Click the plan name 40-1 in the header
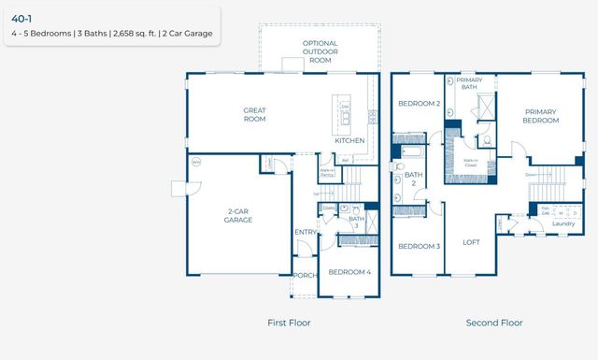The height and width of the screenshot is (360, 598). tap(21, 17)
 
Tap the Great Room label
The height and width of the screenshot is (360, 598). tap(254, 114)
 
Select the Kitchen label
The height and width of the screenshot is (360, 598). tap(349, 141)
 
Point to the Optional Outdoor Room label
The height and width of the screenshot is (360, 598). tap(320, 51)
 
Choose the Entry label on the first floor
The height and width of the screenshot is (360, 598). tap(306, 232)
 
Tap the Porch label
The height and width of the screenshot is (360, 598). tap(304, 275)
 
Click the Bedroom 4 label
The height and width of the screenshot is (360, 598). tap(349, 272)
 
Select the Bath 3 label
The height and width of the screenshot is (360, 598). tap(355, 223)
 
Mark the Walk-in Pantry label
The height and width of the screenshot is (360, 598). tap(327, 172)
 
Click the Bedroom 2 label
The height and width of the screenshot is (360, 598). tap(419, 103)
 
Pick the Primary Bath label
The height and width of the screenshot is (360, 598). tap(469, 84)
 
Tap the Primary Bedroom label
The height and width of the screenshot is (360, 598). tap(541, 115)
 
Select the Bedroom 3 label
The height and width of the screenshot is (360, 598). tap(419, 246)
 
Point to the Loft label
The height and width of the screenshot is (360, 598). tap(472, 242)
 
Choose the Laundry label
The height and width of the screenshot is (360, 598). tap(563, 223)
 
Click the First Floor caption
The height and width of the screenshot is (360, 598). tap(289, 323)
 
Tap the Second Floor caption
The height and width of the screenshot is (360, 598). tap(494, 323)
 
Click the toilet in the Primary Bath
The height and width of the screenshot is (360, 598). tap(487, 141)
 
